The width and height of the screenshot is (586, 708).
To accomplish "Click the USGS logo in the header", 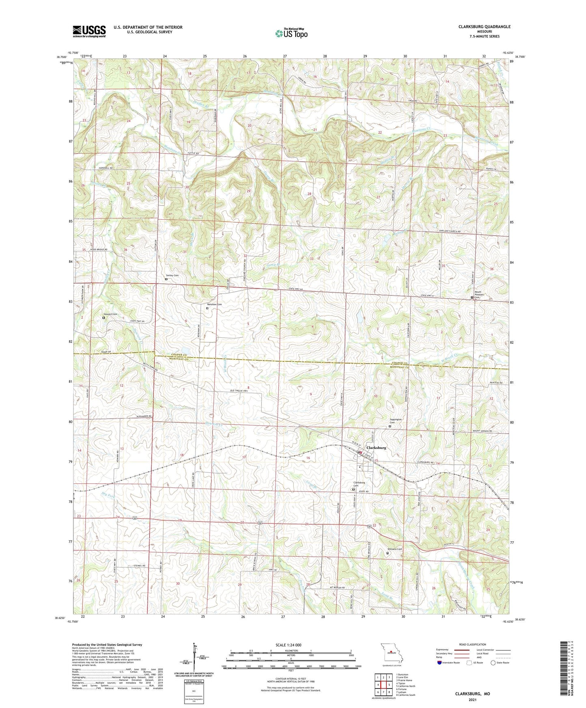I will point(89,31).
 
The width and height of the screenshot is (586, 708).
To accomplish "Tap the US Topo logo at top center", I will point(290,33).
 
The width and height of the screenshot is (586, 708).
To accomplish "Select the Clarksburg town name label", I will point(376,448).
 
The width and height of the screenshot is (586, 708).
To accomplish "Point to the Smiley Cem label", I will point(171,275).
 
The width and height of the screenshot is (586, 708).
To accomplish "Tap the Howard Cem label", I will point(110,314).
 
